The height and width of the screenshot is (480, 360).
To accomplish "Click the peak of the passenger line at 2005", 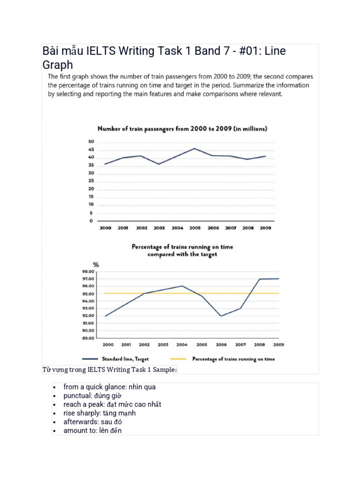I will [x=195, y=148].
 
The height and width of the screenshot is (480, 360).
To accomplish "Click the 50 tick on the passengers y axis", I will [x=91, y=142].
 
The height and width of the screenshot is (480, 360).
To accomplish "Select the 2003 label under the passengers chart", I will [x=159, y=228].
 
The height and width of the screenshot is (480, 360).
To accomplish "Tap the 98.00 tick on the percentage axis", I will [x=88, y=271].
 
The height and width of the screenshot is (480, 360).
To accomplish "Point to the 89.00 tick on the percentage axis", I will [x=88, y=337].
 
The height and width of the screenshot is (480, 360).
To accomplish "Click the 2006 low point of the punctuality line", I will [x=221, y=316].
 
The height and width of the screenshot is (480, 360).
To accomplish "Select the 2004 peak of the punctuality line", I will [x=182, y=286].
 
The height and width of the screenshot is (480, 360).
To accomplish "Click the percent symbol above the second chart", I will [x=96, y=265].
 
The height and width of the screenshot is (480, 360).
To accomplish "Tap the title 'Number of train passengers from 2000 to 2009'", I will [x=182, y=128].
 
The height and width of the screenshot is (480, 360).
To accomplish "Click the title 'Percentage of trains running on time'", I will [x=182, y=247].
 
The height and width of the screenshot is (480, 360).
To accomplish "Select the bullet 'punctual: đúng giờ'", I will [x=89, y=396].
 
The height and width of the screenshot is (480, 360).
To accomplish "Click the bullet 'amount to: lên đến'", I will [x=92, y=430].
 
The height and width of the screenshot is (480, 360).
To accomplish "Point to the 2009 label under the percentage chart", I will [x=278, y=345].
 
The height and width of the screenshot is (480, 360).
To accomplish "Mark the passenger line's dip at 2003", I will [x=159, y=164].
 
